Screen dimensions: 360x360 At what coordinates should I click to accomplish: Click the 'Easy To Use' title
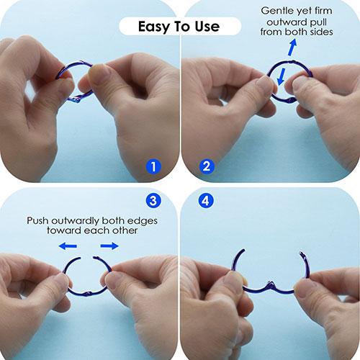[x=179, y=26]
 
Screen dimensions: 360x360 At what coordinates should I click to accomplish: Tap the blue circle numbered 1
[x=153, y=166]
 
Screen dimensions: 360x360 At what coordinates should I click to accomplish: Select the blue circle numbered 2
[x=207, y=166]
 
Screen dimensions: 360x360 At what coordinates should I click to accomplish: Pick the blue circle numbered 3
[x=153, y=200]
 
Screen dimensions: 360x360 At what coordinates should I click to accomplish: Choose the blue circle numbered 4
[x=206, y=200]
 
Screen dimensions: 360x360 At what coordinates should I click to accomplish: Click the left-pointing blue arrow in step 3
[x=68, y=246]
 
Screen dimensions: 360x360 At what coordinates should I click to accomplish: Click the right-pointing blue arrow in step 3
[x=109, y=246]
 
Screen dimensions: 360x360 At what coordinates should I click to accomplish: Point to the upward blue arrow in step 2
[x=293, y=48]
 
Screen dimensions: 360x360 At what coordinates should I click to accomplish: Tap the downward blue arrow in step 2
[x=282, y=76]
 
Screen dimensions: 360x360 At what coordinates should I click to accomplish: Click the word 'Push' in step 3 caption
[x=37, y=220]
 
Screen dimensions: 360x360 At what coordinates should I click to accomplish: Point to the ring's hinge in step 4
[x=271, y=284]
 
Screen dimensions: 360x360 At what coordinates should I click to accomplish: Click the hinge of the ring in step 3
[x=88, y=294]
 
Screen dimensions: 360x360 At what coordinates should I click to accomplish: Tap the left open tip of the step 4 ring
[x=243, y=250]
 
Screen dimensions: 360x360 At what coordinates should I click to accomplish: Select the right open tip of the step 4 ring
[x=301, y=253]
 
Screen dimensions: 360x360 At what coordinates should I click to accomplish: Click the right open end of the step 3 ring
[x=94, y=257]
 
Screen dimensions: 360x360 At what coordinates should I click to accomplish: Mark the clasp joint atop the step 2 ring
[x=291, y=61]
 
